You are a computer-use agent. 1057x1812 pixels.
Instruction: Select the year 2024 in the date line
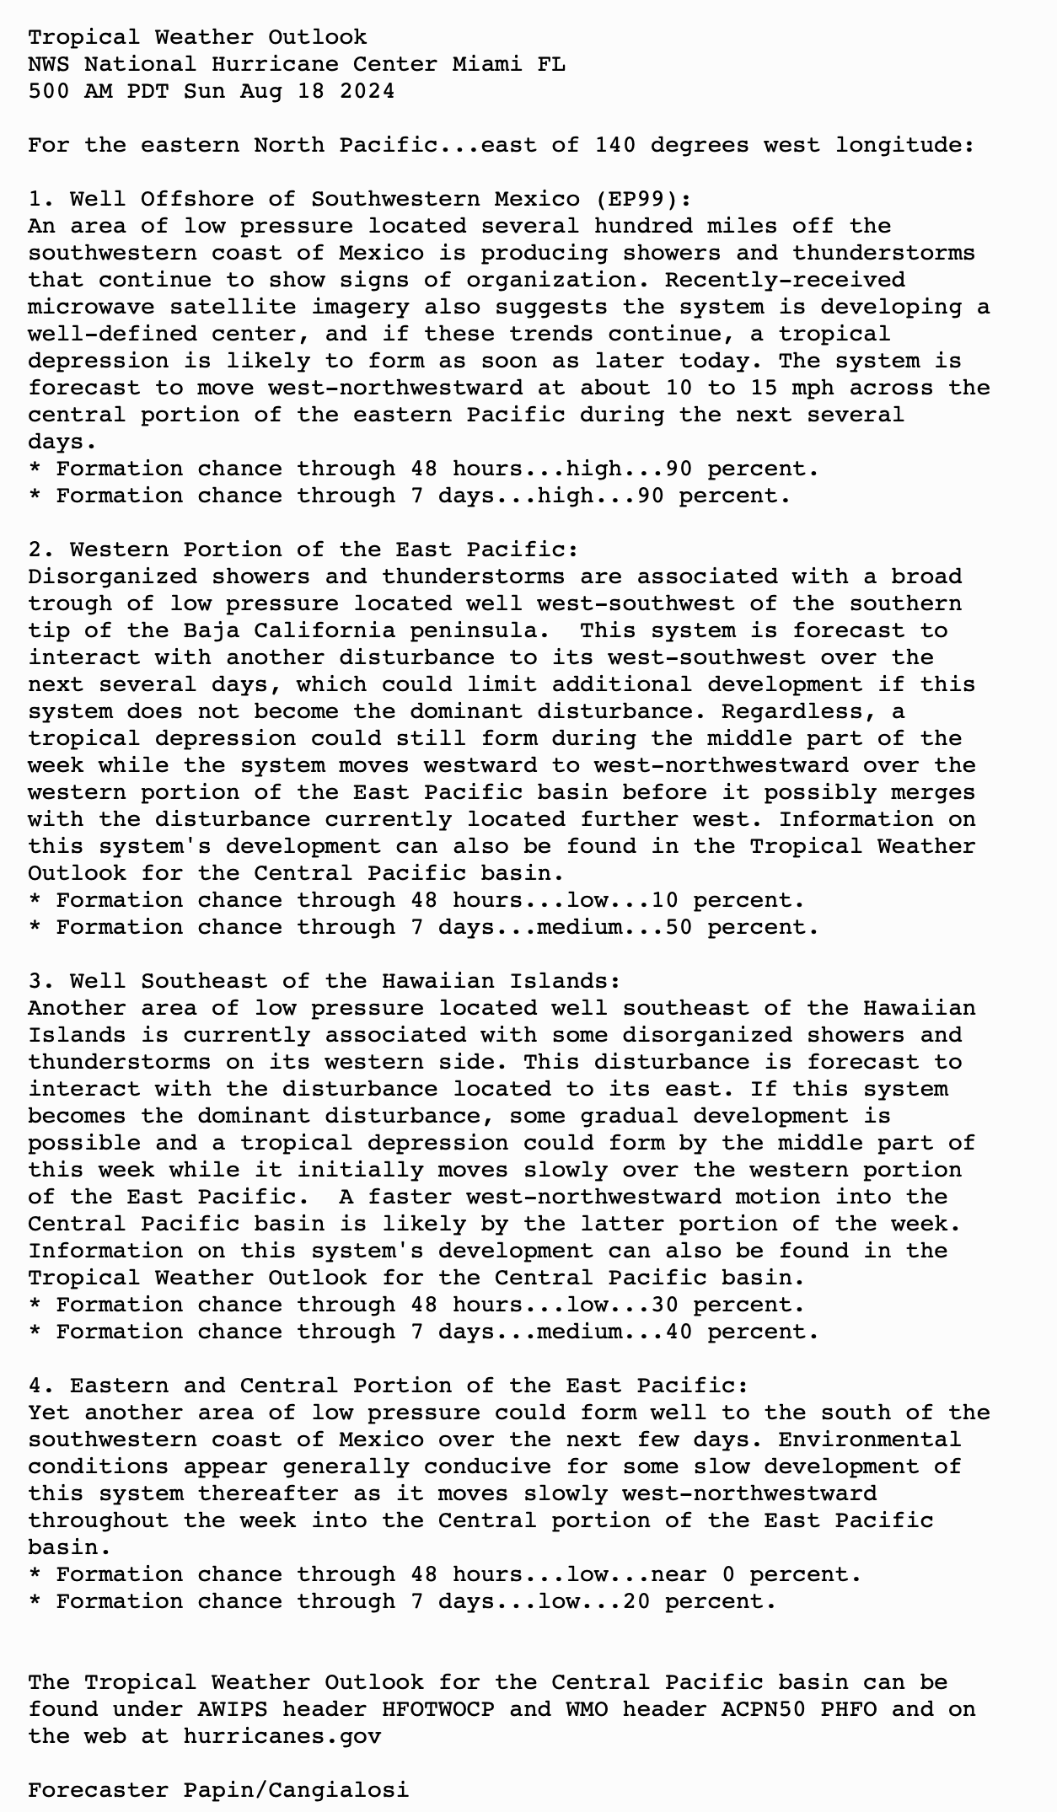tap(367, 91)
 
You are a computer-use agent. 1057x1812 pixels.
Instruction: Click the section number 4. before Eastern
tap(41, 1386)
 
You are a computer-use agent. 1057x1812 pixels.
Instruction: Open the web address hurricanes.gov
tap(282, 1736)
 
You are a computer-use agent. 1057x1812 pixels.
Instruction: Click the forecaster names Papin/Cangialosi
tap(296, 1790)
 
